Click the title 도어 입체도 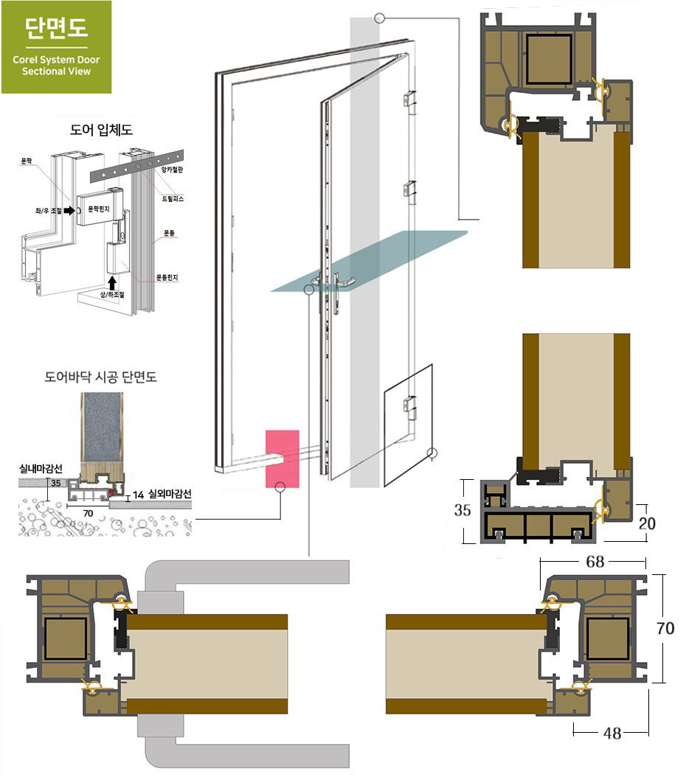pos(101,130)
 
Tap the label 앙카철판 pos(172,170)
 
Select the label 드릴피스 pos(173,199)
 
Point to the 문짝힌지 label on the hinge pos(99,209)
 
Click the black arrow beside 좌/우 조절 pos(69,211)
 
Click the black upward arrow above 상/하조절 pos(113,282)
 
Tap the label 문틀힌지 pos(167,277)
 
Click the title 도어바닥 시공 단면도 pos(100,377)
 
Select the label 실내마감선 pos(41,468)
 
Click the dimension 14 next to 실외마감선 pos(138,495)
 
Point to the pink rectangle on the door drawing pos(283,459)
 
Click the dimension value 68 pos(595,562)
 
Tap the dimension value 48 pos(612,733)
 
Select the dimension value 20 pos(647,523)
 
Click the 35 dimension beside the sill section pos(462,510)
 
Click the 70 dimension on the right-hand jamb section pos(665,628)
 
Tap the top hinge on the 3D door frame pos(409,99)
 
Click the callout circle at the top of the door pos(380,18)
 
